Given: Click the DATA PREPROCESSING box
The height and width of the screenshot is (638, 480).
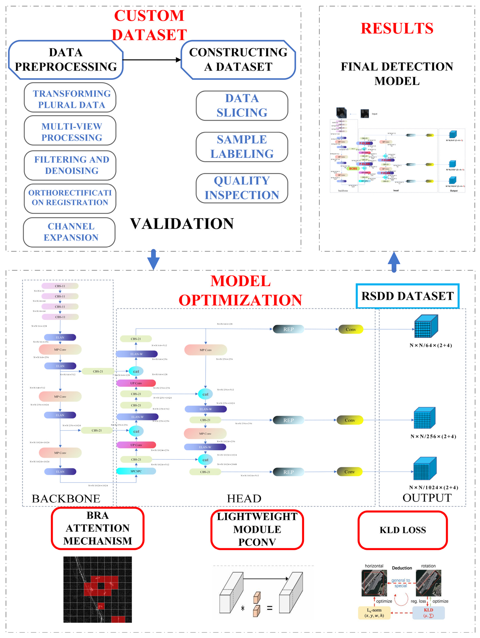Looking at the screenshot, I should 66,60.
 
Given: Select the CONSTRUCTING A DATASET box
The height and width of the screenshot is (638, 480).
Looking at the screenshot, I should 238,60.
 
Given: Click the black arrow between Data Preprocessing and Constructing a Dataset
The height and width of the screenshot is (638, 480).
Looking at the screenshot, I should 152,60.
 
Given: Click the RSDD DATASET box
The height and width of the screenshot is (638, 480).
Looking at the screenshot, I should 407,296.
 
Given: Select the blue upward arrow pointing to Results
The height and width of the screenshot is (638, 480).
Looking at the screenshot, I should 394,262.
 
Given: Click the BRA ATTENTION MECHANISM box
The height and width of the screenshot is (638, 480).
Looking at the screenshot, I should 98,528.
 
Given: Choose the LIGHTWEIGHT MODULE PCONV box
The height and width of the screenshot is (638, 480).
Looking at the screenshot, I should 257,529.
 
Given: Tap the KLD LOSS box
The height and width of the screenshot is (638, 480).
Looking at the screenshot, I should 403,530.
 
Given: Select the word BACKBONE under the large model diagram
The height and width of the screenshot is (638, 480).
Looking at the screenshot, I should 66,498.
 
